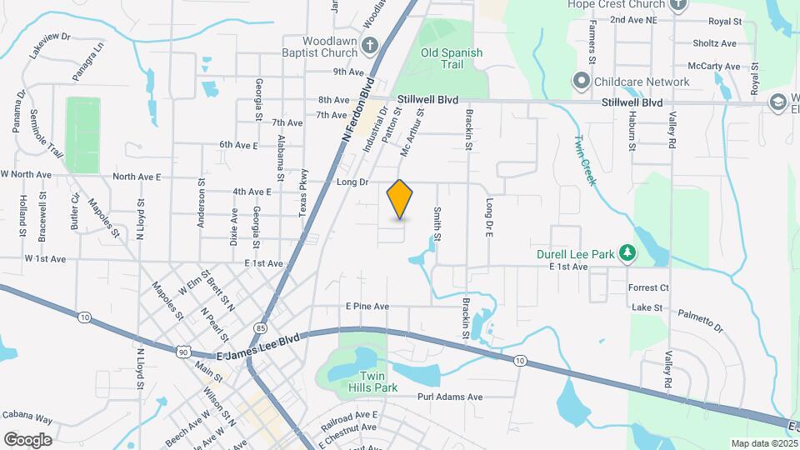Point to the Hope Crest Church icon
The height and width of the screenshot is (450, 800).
coord(678,4)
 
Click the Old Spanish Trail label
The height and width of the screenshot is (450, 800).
coord(452,58)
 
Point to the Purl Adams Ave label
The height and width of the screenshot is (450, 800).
coord(450,397)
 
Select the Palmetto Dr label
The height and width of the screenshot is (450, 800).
coord(700,320)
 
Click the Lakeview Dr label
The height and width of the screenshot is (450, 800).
coord(49,49)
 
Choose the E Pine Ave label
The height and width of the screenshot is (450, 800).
coord(367,307)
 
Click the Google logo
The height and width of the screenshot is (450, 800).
coord(27,439)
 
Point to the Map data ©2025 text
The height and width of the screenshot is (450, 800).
coord(763,443)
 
